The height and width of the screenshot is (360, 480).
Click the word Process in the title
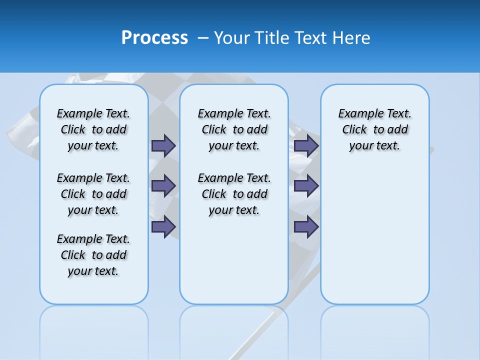click(154, 38)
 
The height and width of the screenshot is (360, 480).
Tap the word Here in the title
click(351, 38)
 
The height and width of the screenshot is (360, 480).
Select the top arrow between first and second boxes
click(163, 145)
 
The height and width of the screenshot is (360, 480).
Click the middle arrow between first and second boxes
click(163, 186)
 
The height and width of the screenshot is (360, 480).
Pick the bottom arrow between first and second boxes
click(163, 227)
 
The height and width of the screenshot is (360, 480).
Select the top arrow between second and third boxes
click(306, 145)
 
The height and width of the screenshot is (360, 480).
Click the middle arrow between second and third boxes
click(306, 186)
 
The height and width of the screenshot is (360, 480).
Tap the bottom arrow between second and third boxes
click(306, 227)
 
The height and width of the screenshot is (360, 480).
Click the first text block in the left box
click(93, 129)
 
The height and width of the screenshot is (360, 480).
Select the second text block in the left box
click(93, 194)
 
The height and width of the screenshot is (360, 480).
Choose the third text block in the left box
click(93, 255)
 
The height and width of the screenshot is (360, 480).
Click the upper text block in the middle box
click(234, 129)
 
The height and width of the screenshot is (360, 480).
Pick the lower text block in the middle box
click(234, 194)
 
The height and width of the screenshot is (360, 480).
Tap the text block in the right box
click(374, 129)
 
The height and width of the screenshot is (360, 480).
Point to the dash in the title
click(203, 38)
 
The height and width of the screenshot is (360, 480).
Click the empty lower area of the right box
click(374, 240)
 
